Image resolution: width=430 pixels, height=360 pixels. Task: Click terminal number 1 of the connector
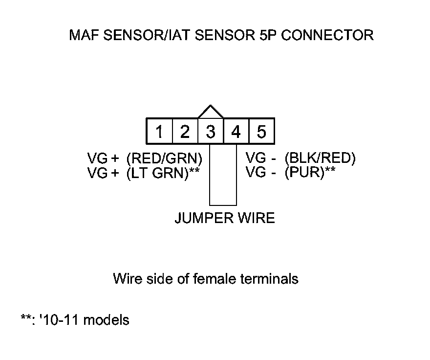(x=159, y=132)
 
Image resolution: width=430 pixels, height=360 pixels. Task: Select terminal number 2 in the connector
(x=185, y=132)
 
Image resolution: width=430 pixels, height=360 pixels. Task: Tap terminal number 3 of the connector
(x=211, y=132)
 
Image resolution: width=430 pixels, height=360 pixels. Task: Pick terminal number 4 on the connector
(x=236, y=132)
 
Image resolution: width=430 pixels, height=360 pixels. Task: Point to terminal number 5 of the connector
(x=261, y=132)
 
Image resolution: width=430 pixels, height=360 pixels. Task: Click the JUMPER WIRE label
(x=224, y=218)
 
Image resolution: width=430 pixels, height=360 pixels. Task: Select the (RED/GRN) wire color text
(x=164, y=158)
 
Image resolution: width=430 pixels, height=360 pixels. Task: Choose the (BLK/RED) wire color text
(x=321, y=158)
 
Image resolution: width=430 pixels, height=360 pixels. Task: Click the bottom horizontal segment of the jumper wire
(x=223, y=205)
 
